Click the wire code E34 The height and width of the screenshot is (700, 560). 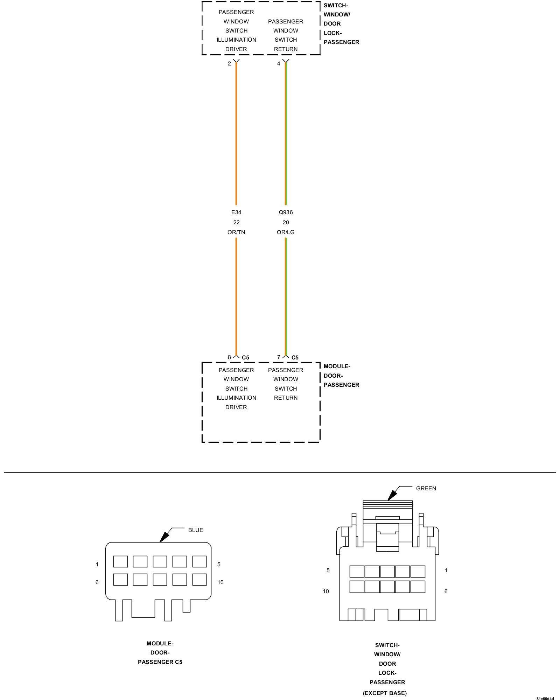(x=236, y=212)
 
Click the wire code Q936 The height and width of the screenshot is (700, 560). (x=286, y=212)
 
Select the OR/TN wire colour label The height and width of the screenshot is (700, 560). (x=236, y=232)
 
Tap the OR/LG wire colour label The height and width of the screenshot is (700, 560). (x=286, y=232)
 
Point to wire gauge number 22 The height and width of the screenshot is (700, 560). (x=236, y=222)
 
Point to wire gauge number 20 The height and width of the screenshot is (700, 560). (x=286, y=222)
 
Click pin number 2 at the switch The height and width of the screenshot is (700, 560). (x=229, y=63)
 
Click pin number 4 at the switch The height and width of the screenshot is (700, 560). (x=279, y=63)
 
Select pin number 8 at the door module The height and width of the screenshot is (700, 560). (x=229, y=357)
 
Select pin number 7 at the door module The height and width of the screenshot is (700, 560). (x=279, y=357)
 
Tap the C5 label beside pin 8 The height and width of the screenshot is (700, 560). (x=246, y=357)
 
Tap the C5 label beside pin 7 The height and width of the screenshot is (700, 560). (x=295, y=357)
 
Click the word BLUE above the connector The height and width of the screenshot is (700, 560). (x=195, y=530)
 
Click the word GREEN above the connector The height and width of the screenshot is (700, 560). (x=426, y=488)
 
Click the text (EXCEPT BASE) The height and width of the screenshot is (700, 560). (x=385, y=693)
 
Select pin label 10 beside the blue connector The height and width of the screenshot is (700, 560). (x=220, y=582)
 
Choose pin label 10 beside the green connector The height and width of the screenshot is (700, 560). (x=326, y=591)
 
